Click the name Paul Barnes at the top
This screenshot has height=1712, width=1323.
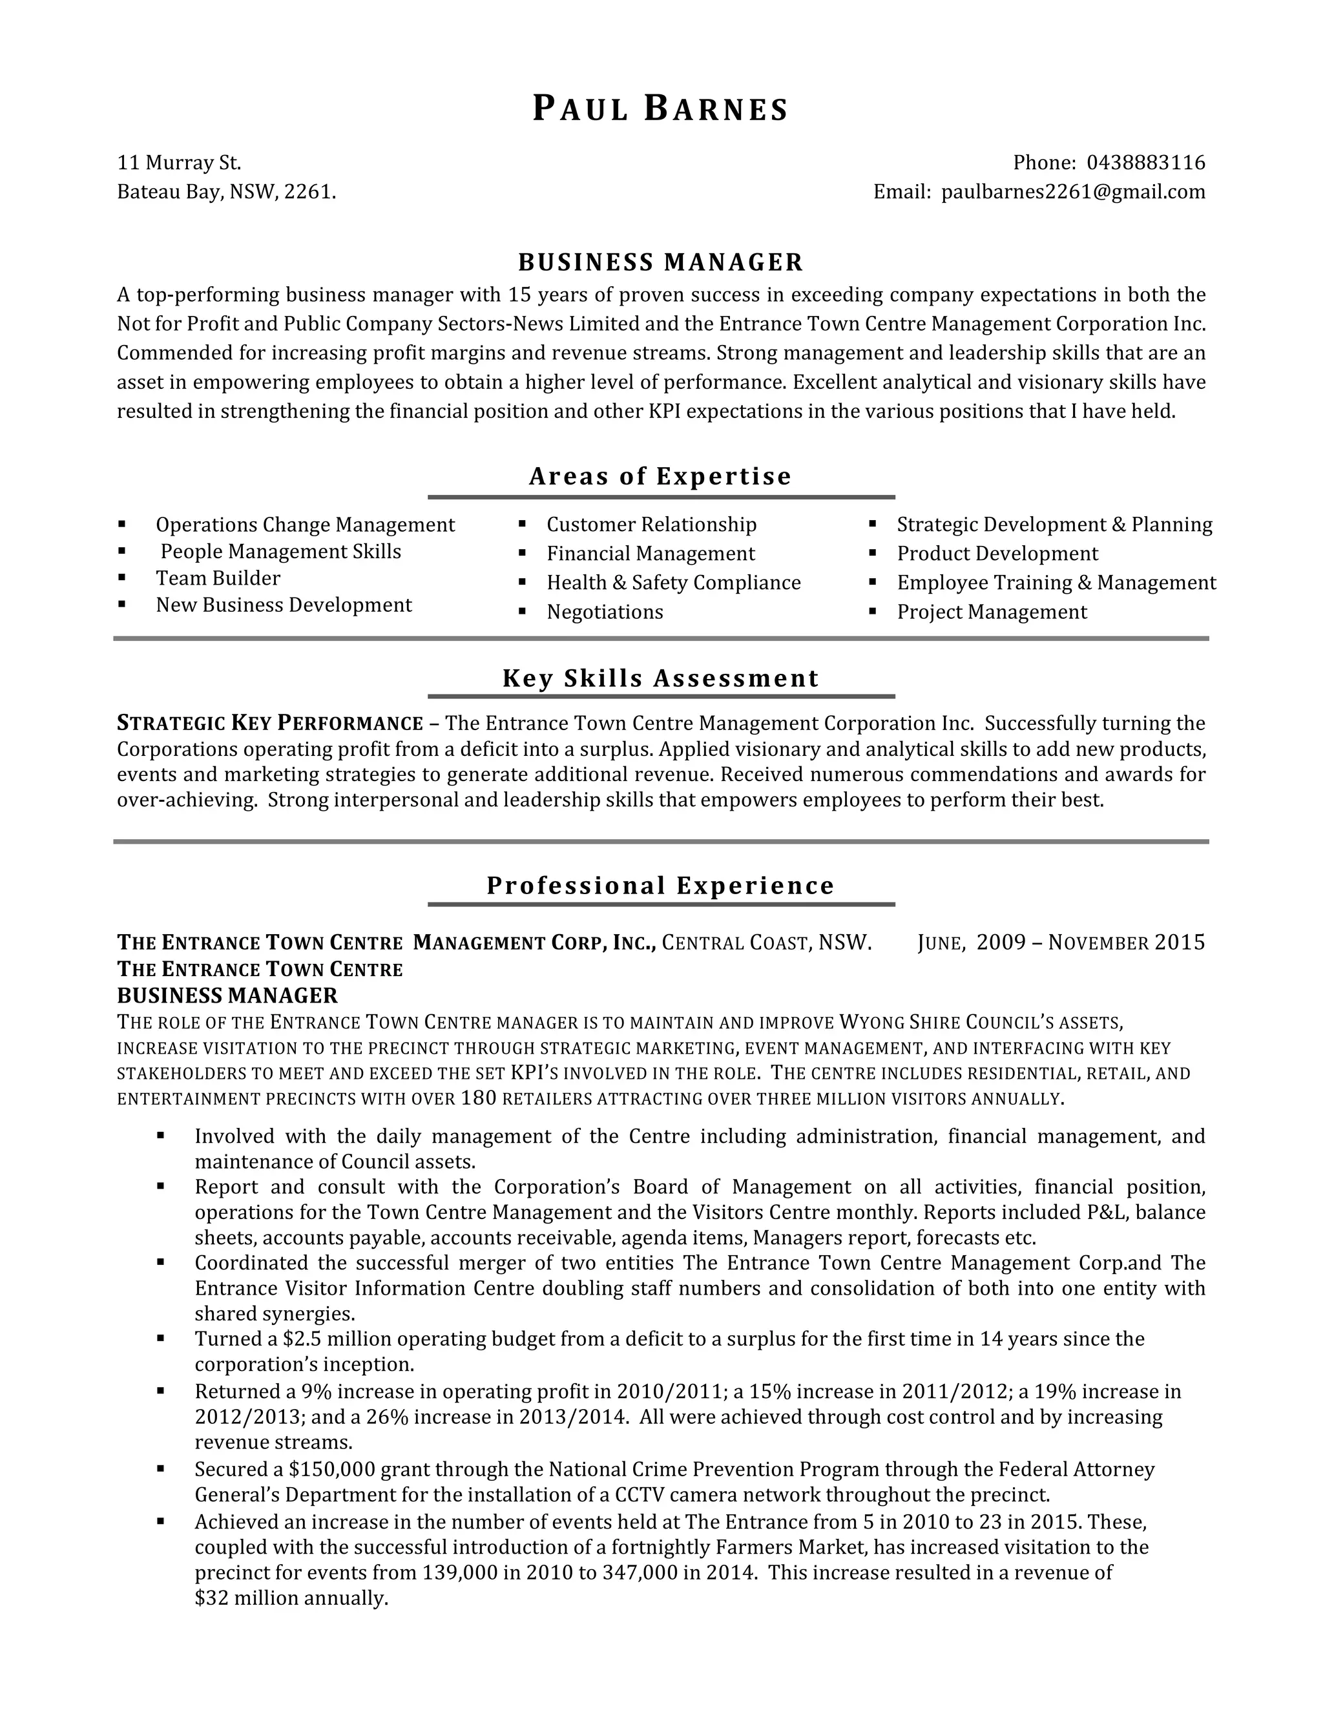pos(661,109)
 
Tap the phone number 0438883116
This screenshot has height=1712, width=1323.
pos(1145,163)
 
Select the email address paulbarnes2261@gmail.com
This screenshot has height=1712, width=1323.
pos(1073,192)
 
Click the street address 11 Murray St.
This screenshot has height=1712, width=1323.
pos(180,163)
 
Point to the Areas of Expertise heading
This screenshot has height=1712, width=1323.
pos(661,476)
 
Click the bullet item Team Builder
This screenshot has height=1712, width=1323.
pos(218,578)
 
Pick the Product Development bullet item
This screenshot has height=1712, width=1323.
pos(997,554)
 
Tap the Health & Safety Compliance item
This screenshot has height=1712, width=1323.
pos(673,583)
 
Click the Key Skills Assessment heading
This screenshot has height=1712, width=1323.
pos(661,678)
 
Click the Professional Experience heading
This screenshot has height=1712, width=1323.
pos(661,886)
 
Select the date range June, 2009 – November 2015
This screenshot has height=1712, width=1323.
pos(1061,942)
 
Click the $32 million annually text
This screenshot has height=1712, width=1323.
pos(291,1598)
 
